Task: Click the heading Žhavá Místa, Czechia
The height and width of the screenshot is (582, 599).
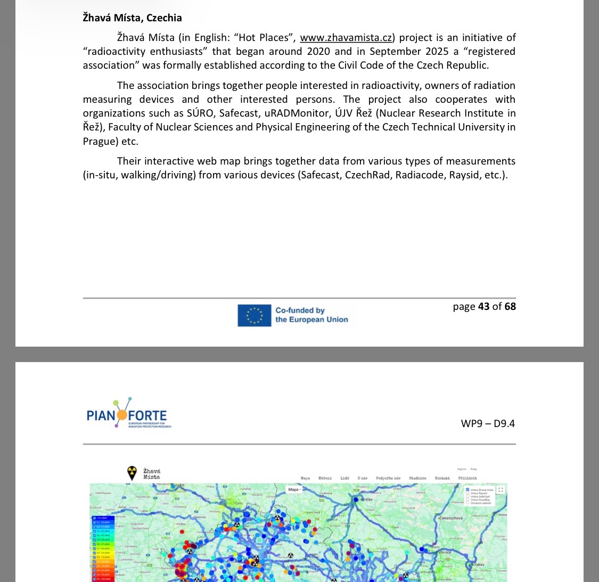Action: coord(132,18)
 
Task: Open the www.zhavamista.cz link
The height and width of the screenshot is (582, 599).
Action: coord(346,37)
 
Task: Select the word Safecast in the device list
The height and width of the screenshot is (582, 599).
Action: coord(319,175)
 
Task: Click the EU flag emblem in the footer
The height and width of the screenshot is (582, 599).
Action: coord(255,315)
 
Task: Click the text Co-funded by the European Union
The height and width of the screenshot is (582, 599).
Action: coord(311,315)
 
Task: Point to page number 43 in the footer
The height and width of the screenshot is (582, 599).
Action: coord(483,306)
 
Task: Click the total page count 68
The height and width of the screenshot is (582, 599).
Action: coord(510,306)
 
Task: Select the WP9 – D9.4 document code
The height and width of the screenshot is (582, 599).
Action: coord(488,423)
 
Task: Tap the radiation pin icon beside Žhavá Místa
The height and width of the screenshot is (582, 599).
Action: coord(132,472)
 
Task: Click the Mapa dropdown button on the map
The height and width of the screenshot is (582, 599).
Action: coord(294,489)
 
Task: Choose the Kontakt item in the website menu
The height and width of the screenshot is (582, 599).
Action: coord(442,478)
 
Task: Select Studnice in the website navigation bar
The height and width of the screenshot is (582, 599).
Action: coord(417,478)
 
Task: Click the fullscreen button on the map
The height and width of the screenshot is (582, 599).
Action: coord(500,490)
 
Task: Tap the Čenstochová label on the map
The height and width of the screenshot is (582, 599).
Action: coord(450,518)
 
